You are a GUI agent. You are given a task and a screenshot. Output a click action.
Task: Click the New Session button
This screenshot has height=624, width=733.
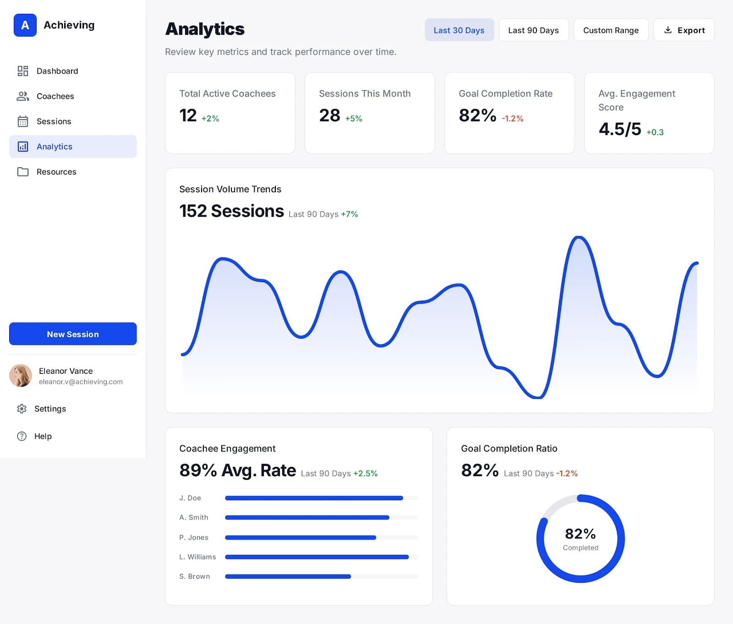point(73,334)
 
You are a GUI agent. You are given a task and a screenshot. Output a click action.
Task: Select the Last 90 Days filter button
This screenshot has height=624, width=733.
point(533,30)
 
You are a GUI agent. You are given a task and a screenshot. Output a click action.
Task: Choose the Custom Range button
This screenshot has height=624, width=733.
point(611,30)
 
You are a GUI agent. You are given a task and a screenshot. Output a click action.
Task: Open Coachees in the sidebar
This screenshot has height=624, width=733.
point(55,96)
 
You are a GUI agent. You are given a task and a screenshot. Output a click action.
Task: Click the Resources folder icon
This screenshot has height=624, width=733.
point(23,172)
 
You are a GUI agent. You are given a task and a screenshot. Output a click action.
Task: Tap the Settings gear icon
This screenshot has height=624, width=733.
point(22,409)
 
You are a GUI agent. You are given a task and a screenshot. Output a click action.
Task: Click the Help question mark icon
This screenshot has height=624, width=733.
point(22,436)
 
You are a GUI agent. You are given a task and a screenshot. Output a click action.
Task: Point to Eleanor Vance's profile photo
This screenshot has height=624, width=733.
point(21,376)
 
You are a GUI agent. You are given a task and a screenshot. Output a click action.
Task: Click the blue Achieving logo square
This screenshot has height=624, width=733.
point(25,25)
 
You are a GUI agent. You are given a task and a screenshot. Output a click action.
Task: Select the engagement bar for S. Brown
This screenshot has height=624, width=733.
point(288,576)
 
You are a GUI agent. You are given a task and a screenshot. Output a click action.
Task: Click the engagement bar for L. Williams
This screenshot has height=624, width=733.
point(317,557)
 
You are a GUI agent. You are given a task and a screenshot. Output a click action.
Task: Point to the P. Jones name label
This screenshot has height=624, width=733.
point(194,537)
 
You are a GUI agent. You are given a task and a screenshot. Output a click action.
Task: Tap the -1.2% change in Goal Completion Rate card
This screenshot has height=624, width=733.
point(512,119)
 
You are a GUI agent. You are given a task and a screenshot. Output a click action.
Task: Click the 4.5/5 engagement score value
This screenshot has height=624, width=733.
point(620,129)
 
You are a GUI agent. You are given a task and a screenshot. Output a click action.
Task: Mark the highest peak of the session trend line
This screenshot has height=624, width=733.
point(579,237)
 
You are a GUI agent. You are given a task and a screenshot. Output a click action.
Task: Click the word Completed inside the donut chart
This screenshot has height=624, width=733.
point(580,548)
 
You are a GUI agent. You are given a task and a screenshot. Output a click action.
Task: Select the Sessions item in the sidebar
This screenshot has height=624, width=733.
point(54,121)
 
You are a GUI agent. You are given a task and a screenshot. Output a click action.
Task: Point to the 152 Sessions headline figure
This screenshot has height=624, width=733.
point(232,211)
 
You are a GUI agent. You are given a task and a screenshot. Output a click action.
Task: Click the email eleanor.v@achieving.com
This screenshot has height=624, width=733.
point(81,382)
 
